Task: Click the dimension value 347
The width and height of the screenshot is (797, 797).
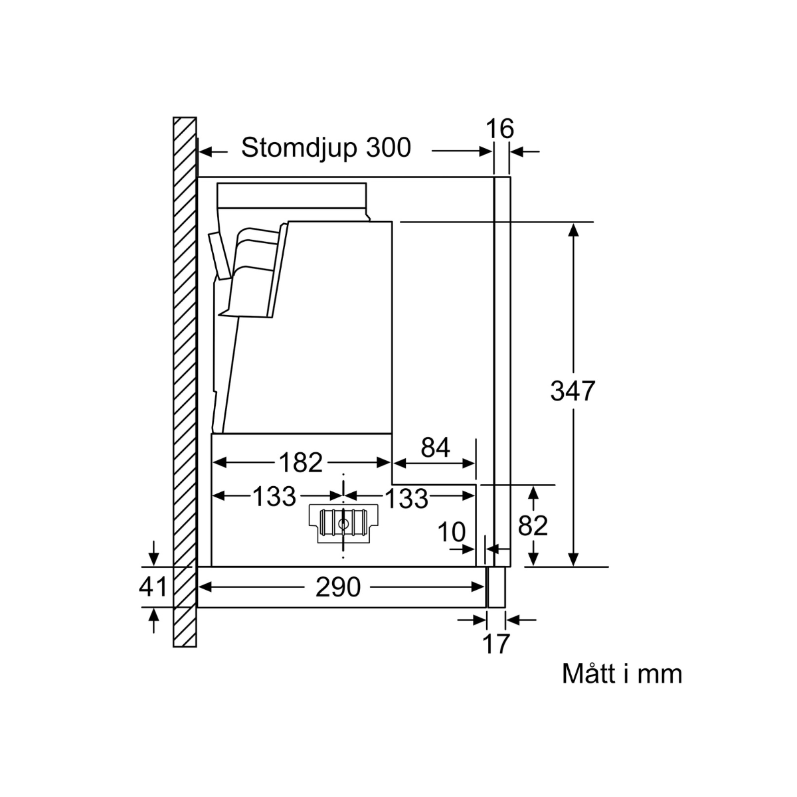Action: click(x=573, y=391)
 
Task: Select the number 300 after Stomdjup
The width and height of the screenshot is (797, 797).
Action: click(x=389, y=147)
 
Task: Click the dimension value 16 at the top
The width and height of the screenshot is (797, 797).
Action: click(x=499, y=128)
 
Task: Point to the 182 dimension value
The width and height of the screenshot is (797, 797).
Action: click(x=301, y=462)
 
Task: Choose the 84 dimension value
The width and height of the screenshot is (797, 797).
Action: click(x=435, y=448)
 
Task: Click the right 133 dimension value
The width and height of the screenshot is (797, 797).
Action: click(x=406, y=498)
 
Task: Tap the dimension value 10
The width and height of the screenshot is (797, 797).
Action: click(x=451, y=532)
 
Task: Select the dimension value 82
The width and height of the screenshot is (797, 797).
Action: click(x=533, y=525)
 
